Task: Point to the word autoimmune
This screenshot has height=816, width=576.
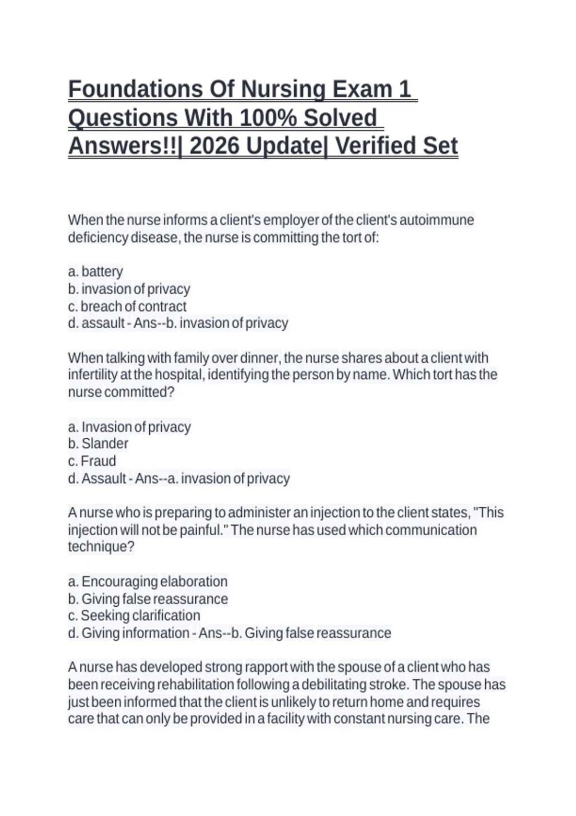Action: (x=436, y=220)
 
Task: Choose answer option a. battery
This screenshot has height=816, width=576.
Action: (x=96, y=272)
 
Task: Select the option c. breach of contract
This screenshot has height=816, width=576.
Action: (x=127, y=306)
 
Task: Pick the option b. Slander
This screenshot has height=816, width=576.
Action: (x=98, y=444)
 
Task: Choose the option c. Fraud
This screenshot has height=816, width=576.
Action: (x=92, y=461)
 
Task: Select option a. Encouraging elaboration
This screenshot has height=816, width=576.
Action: (x=148, y=582)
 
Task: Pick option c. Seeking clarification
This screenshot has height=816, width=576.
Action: (x=134, y=616)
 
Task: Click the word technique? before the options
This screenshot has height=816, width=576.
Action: (x=101, y=547)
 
